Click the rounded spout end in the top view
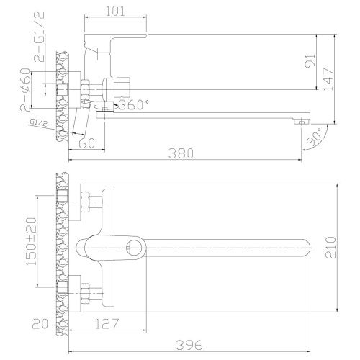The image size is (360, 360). point(306,248)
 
